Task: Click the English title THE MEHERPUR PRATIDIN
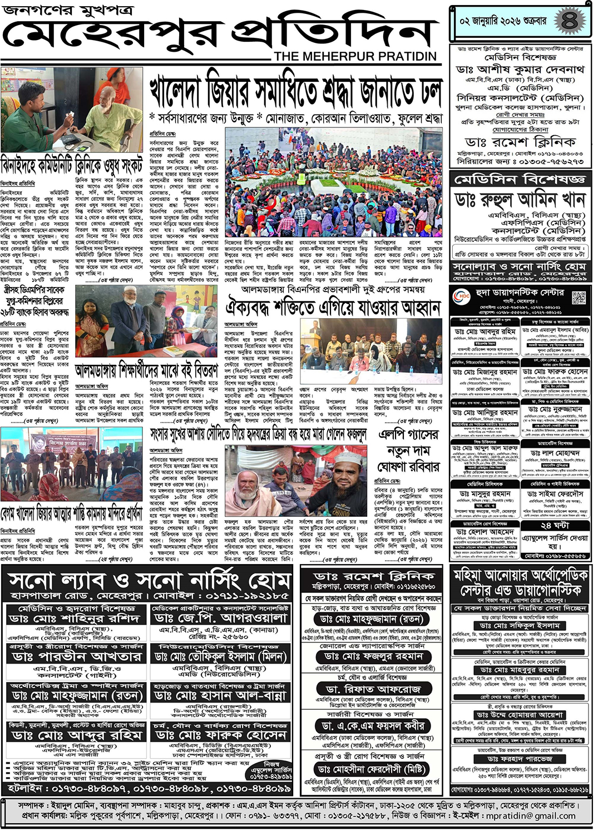pyautogui.click(x=355, y=57)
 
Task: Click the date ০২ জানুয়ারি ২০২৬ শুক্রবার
pyautogui.click(x=503, y=22)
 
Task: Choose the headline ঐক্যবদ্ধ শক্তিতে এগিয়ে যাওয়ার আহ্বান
pyautogui.click(x=333, y=306)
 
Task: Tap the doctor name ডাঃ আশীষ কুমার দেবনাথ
pyautogui.click(x=520, y=70)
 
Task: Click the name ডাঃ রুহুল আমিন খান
pyautogui.click(x=520, y=199)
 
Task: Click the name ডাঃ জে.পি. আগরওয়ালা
pyautogui.click(x=220, y=618)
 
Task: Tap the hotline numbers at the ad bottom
pyautogui.click(x=150, y=788)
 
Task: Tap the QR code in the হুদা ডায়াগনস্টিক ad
pyautogui.click(x=579, y=298)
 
